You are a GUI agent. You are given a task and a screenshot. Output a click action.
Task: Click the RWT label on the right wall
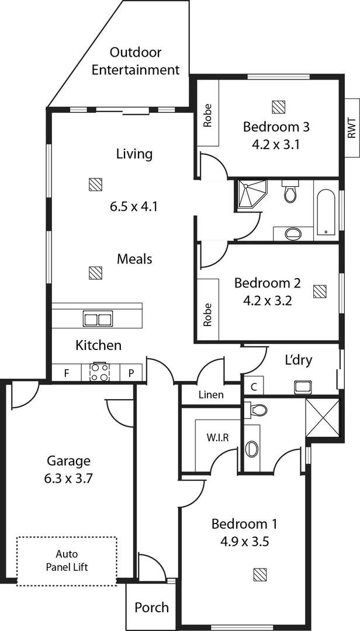(351, 127)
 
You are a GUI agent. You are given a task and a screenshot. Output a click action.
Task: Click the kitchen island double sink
(98, 320)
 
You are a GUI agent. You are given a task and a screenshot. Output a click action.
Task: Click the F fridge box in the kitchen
(67, 373)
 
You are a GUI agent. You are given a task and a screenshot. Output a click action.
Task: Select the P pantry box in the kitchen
(131, 373)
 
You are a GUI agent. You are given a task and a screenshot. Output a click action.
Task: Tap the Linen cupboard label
(211, 394)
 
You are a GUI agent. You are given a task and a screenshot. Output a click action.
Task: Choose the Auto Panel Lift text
(66, 560)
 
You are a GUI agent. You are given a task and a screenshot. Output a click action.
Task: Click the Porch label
(151, 608)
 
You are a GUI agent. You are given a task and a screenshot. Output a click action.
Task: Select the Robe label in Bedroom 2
(207, 314)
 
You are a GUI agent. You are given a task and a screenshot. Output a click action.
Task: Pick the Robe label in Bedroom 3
(207, 115)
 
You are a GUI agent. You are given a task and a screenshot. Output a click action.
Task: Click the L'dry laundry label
(298, 360)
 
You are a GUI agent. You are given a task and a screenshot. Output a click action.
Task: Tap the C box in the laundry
(254, 386)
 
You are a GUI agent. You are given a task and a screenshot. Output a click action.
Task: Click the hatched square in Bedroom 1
(260, 574)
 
